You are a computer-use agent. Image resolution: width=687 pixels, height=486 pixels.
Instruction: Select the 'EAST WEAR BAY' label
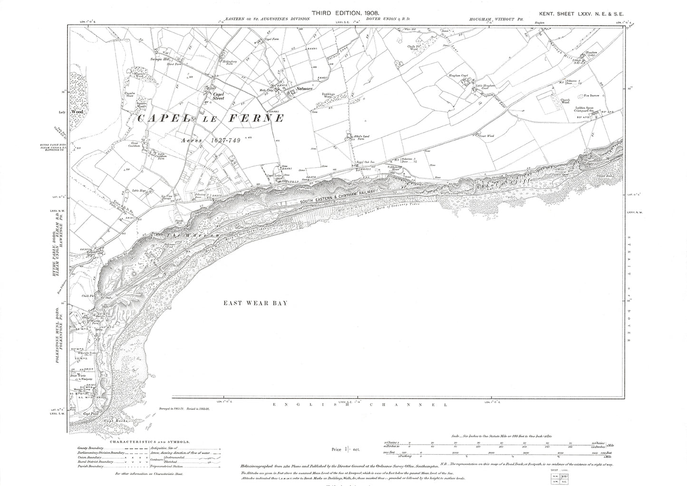click(x=256, y=303)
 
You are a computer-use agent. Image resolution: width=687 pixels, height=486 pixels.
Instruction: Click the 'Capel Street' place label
click(x=218, y=96)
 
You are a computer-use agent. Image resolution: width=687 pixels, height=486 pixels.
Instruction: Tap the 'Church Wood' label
click(x=565, y=101)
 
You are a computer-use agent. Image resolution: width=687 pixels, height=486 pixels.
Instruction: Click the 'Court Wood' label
click(x=487, y=136)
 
